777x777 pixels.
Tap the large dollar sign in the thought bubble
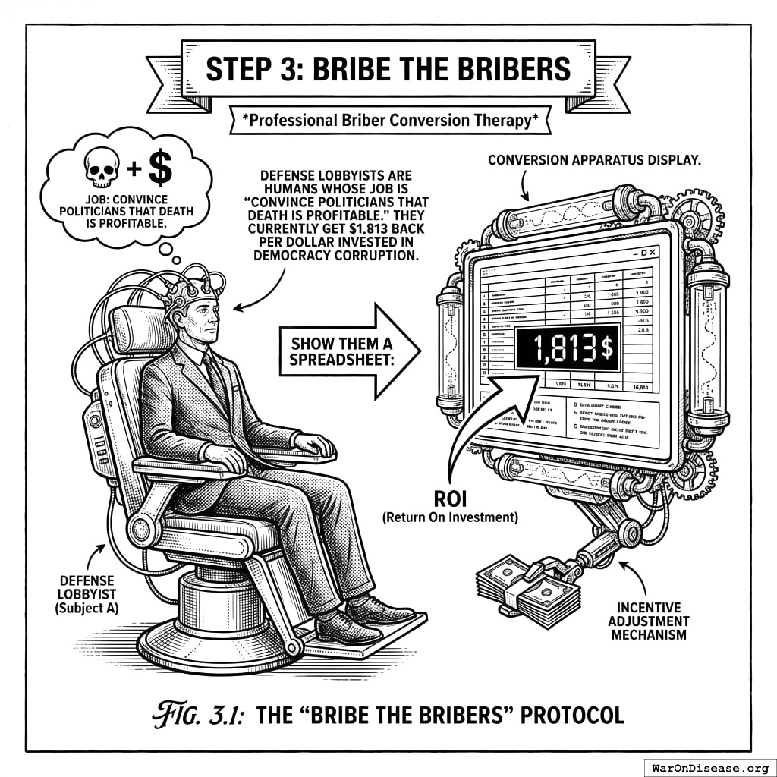pyautogui.click(x=159, y=168)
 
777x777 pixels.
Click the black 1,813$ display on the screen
pyautogui.click(x=566, y=348)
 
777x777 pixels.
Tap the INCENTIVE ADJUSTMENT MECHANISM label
pyautogui.click(x=648, y=621)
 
